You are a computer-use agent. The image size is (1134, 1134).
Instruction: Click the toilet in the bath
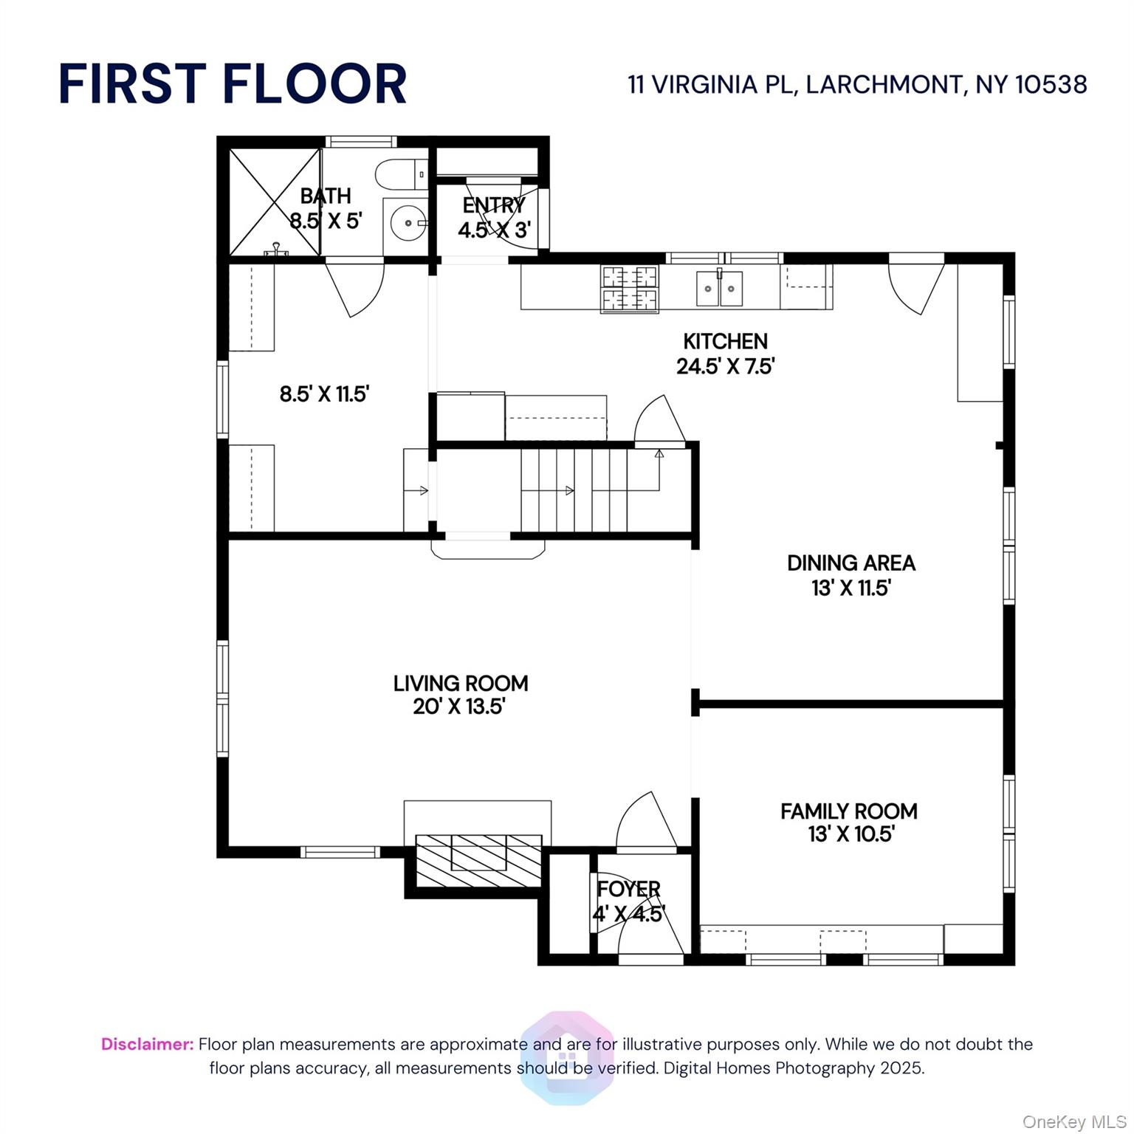[402, 176]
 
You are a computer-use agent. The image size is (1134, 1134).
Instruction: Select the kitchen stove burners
[630, 289]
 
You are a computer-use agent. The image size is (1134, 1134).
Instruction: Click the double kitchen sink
[720, 288]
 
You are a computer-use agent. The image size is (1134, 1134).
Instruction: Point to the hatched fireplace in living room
[478, 861]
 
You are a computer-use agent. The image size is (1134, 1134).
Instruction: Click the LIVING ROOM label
[461, 684]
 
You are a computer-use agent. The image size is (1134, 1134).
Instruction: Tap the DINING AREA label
[851, 563]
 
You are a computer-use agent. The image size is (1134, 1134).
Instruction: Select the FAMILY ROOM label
[849, 811]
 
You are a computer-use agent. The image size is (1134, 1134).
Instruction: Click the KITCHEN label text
[725, 341]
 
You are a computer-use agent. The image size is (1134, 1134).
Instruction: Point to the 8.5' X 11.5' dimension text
[324, 394]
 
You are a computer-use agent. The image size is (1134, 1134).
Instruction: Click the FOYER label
[628, 890]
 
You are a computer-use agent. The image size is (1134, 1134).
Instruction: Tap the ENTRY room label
[494, 205]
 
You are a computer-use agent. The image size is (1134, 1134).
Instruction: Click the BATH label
[326, 196]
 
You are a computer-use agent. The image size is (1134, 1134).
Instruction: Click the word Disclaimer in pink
[148, 1045]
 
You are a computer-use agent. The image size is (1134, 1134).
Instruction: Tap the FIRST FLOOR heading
[233, 83]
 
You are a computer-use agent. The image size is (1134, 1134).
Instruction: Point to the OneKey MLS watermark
[1074, 1122]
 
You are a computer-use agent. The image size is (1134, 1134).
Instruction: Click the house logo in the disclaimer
[567, 1057]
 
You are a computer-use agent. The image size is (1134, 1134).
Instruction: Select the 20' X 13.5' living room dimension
[458, 707]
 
